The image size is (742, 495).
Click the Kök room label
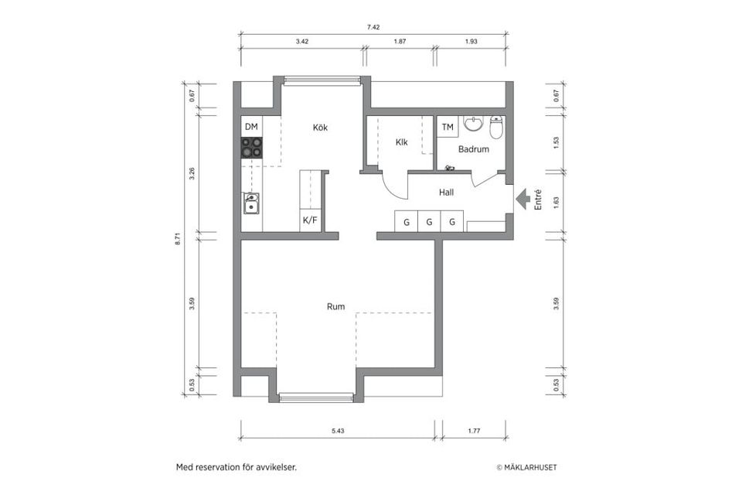click(320, 128)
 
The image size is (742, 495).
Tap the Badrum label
click(473, 149)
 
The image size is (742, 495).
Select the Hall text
click(446, 193)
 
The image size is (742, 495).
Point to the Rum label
click(335, 306)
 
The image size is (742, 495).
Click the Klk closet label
click(401, 142)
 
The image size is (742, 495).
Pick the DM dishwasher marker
click(251, 126)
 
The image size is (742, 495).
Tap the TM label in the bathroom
click(448, 126)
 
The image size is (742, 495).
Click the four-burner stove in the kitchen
click(251, 147)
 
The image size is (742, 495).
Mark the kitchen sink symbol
click(251, 203)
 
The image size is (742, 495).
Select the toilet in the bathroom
click(496, 127)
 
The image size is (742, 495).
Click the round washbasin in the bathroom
click(472, 125)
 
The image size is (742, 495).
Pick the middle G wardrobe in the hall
click(429, 223)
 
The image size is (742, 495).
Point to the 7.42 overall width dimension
click(373, 27)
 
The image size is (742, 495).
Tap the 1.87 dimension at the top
click(400, 41)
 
